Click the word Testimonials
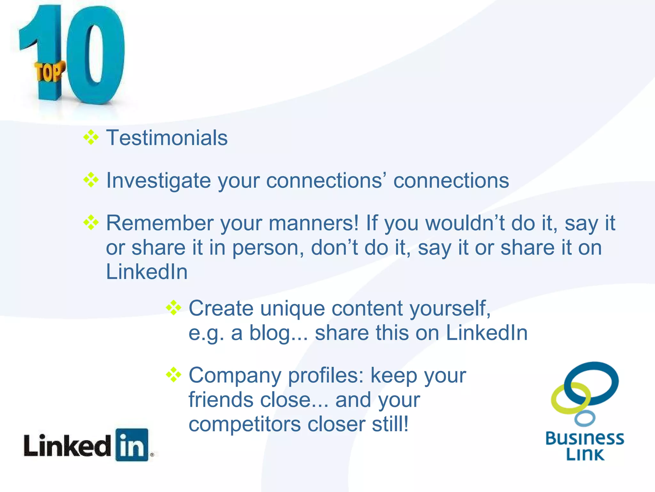coord(167,138)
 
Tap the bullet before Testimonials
coord(91,137)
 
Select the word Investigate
coord(158,181)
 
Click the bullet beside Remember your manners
coord(91,222)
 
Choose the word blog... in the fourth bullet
coord(279,333)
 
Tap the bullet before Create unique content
coord(174,308)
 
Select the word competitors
coord(245,424)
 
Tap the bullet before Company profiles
coord(174,375)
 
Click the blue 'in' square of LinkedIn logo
coord(132,445)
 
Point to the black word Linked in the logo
coord(67,445)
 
